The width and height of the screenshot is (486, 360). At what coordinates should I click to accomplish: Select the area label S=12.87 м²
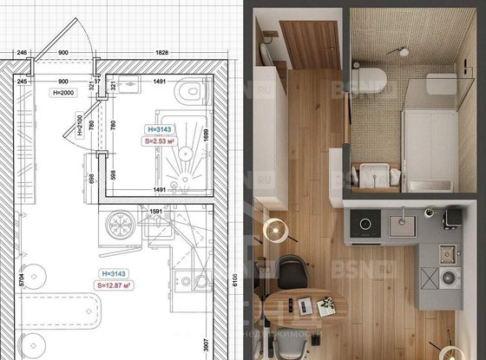pyautogui.click(x=119, y=283)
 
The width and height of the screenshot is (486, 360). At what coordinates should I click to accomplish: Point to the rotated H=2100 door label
pyautogui.click(x=78, y=128)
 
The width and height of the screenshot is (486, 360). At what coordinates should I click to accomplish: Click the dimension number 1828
pyautogui.click(x=161, y=53)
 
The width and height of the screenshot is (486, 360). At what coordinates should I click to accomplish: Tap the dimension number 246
pyautogui.click(x=22, y=53)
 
